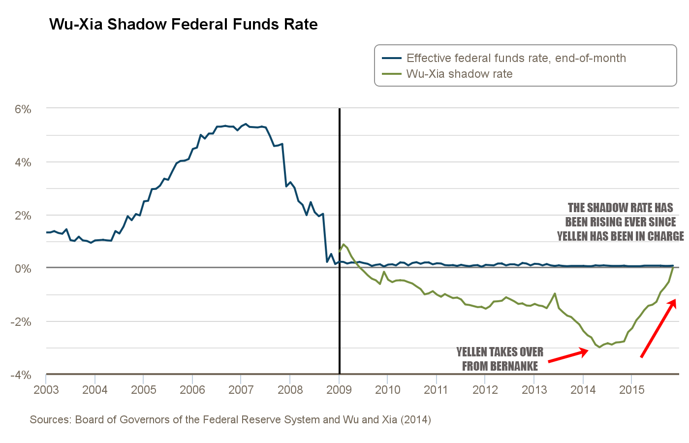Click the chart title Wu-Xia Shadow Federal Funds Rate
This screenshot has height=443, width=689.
(x=184, y=25)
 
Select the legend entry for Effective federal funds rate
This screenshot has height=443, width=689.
(x=516, y=58)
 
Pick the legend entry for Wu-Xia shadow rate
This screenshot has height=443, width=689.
(x=459, y=74)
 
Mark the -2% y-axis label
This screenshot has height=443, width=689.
(x=21, y=322)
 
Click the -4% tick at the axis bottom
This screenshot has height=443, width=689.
(x=21, y=375)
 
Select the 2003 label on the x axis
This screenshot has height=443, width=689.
(x=46, y=390)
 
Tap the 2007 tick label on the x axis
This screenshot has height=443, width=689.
(x=241, y=390)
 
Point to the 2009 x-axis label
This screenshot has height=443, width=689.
(x=339, y=390)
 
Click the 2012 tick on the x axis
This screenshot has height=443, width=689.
(x=485, y=390)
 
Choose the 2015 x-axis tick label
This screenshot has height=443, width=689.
(x=631, y=390)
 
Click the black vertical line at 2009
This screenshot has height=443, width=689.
(x=340, y=197)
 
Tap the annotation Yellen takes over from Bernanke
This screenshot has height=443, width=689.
(x=500, y=359)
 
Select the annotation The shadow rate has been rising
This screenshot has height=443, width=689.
(x=620, y=222)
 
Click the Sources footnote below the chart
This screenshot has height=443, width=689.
(x=230, y=420)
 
